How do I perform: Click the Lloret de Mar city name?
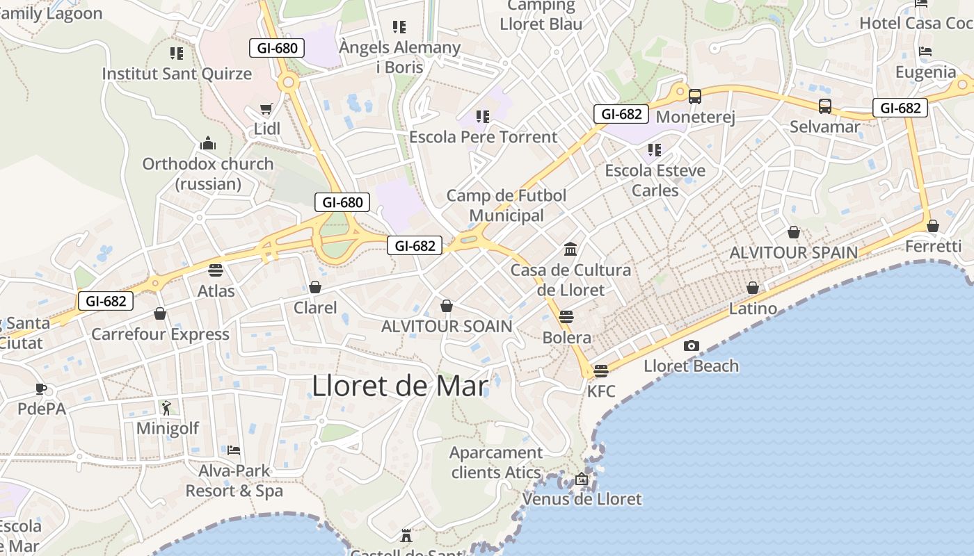pyautogui.click(x=399, y=386)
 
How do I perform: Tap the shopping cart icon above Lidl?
pyautogui.click(x=266, y=109)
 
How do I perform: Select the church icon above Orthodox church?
pyautogui.click(x=207, y=144)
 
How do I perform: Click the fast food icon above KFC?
pyautogui.click(x=601, y=370)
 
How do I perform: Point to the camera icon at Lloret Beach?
pyautogui.click(x=691, y=345)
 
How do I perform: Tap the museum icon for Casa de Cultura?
pyautogui.click(x=570, y=249)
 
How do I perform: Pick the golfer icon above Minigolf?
pyautogui.click(x=166, y=408)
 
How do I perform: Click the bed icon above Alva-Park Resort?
pyautogui.click(x=234, y=450)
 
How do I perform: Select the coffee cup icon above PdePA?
pyautogui.click(x=41, y=389)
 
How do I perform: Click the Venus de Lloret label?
pyautogui.click(x=582, y=499)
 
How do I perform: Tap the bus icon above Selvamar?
pyautogui.click(x=824, y=106)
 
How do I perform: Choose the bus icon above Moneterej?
pyautogui.click(x=694, y=97)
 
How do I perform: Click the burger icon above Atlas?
pyautogui.click(x=216, y=270)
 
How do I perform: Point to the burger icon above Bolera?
pyautogui.click(x=566, y=317)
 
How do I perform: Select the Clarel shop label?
pyautogui.click(x=315, y=307)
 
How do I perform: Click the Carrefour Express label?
pyautogui.click(x=160, y=334)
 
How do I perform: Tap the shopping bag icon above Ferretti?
pyautogui.click(x=932, y=226)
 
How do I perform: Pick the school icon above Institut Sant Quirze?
pyautogui.click(x=177, y=53)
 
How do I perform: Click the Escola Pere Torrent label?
pyautogui.click(x=483, y=137)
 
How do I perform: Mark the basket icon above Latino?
pyautogui.click(x=752, y=288)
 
